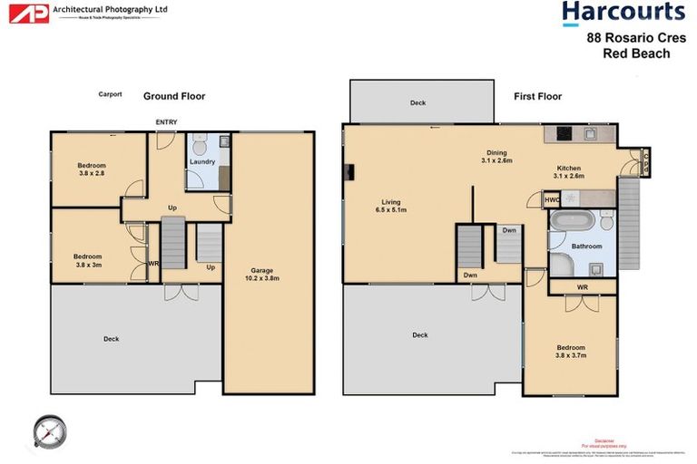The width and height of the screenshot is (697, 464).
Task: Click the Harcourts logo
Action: tap(623, 13)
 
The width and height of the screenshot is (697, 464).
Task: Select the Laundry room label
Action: tap(202, 162)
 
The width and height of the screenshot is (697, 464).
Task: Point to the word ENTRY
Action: tap(167, 122)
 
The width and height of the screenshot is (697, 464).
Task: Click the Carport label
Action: tap(111, 93)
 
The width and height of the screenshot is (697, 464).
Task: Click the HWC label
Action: tap(551, 199)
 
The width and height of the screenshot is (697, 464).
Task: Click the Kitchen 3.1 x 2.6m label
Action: tap(569, 172)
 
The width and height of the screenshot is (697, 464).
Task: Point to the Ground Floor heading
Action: tap(174, 96)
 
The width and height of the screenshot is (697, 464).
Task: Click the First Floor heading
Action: tap(537, 96)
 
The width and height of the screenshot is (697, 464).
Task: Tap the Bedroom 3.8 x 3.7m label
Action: tap(571, 352)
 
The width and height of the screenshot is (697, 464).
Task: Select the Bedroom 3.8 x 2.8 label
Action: tap(92, 169)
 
